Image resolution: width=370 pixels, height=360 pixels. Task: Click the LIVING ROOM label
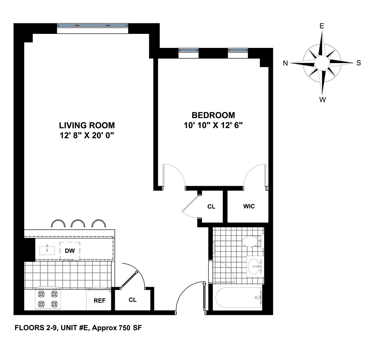tap(87, 126)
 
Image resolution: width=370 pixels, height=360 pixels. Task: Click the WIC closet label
tap(249, 206)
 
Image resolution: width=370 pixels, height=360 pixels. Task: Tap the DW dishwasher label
tap(69, 251)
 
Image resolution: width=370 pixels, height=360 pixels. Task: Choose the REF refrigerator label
tap(100, 301)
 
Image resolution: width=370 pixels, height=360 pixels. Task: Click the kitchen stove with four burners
tap(48, 299)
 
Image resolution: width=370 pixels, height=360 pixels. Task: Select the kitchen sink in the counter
tap(47, 250)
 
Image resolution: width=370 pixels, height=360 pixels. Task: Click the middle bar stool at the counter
tap(78, 224)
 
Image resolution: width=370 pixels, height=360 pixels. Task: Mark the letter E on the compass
tap(322, 26)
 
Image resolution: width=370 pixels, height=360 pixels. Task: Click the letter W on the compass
tap(322, 100)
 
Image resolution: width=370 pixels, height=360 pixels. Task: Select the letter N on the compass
tap(285, 63)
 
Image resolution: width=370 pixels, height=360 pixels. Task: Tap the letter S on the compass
tap(358, 63)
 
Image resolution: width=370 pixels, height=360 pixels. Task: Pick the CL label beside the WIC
tap(211, 207)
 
